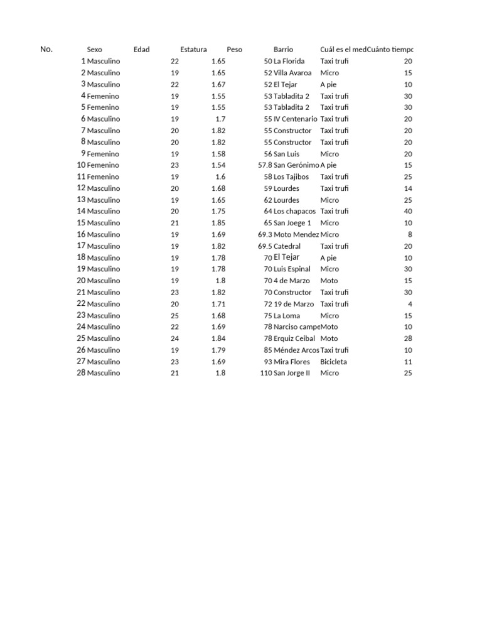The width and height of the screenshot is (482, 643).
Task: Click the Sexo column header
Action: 95,50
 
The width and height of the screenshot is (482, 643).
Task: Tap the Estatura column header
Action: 193,50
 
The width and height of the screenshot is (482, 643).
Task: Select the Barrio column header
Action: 283,50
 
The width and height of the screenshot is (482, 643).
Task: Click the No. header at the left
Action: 46,50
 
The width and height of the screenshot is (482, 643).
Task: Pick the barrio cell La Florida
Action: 289,62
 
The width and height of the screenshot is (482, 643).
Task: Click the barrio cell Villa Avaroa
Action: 292,73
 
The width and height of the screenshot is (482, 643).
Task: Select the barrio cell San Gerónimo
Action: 296,165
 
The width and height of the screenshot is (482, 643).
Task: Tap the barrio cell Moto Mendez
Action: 296,234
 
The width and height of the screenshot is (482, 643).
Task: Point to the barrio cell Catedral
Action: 287,246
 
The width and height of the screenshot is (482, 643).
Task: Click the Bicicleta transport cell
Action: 333,362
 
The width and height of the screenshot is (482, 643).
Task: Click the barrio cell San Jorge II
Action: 292,373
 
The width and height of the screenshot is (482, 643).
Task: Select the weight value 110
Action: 265,373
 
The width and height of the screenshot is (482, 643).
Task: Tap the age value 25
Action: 174,315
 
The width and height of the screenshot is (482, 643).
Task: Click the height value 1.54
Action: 218,165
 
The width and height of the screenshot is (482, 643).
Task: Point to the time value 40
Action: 408,212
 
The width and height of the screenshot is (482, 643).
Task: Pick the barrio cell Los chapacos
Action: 294,212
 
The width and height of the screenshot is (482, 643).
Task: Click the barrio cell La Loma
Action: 287,315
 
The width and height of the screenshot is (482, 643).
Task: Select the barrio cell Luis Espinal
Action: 292,269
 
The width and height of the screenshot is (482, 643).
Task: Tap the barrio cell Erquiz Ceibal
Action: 294,338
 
